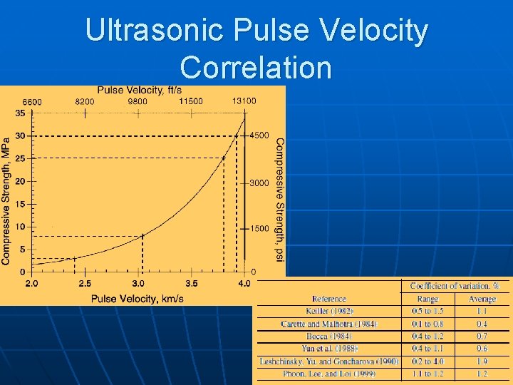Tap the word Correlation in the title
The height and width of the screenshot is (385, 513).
coord(256,68)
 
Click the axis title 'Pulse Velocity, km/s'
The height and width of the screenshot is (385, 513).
coord(138,298)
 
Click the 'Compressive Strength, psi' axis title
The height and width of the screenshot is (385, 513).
coord(279,191)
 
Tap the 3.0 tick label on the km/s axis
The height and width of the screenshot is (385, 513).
coord(138,284)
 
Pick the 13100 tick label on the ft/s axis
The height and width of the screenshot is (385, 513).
coord(244,101)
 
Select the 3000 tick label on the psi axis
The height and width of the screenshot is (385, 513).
coord(259,183)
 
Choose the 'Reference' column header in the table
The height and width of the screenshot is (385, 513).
coord(328,299)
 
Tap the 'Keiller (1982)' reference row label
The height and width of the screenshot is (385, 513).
coord(328,311)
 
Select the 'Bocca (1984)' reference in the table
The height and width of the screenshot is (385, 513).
coord(328,336)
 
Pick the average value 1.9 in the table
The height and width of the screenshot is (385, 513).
coord(482,361)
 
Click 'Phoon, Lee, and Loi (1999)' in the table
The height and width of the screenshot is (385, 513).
coord(328,374)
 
